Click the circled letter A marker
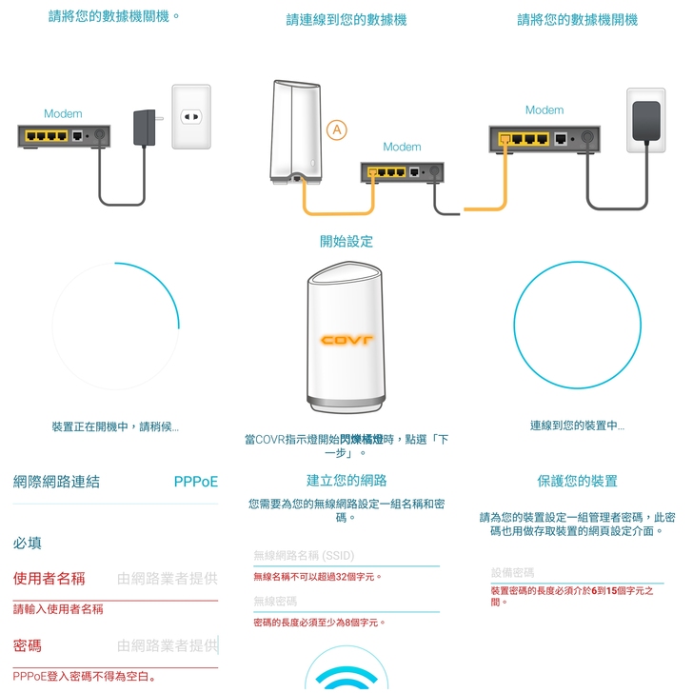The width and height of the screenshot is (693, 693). click(336, 129)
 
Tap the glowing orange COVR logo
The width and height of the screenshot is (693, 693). click(346, 340)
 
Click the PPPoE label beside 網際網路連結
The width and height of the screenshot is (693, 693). click(196, 482)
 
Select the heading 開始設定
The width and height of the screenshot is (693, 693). click(346, 242)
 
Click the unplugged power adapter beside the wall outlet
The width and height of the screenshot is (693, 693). click(145, 128)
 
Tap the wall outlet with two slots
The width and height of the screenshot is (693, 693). click(191, 117)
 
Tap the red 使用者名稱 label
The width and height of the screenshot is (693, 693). click(49, 578)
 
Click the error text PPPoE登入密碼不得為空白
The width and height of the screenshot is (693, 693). click(84, 677)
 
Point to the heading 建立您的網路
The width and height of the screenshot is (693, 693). click(346, 481)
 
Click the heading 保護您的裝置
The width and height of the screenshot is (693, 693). click(577, 481)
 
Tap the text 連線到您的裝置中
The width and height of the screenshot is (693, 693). click(577, 426)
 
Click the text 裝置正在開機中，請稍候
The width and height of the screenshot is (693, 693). click(115, 426)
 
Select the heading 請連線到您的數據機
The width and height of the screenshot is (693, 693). click(346, 20)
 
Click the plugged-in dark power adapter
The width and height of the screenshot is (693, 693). click(646, 121)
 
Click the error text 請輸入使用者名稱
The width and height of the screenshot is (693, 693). click(58, 609)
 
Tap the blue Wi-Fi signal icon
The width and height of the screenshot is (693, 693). click(346, 679)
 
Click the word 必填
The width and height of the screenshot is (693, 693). click(27, 543)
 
